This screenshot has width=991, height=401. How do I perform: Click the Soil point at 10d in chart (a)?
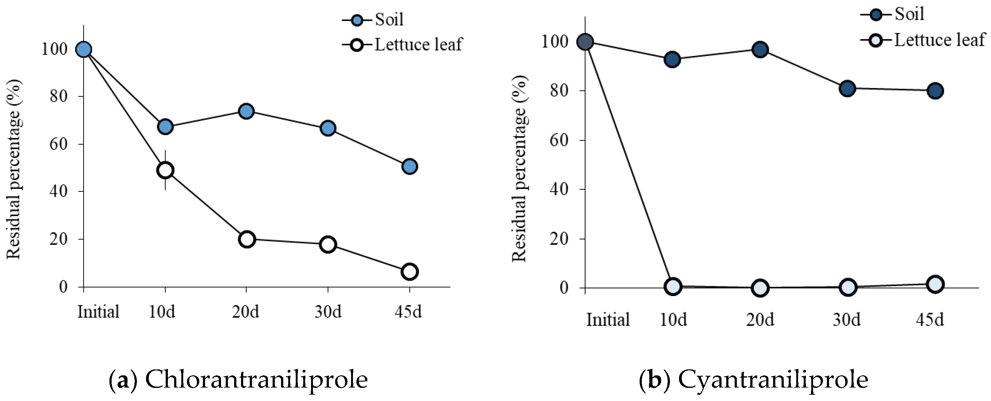coord(165,127)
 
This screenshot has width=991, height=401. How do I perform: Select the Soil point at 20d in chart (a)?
coord(246,111)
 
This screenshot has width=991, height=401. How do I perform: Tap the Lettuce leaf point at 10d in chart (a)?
coord(165,170)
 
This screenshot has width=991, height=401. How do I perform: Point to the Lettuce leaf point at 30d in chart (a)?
coord(328,244)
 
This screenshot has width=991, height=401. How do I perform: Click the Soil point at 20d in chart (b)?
coord(760,50)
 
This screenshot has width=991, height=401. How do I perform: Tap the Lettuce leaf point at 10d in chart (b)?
coord(673,286)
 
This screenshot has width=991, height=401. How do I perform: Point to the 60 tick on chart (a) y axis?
coord(58,144)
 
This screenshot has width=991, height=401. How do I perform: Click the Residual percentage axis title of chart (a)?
coord(14,169)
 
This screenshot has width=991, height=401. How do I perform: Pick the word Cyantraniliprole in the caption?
coord(773,379)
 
